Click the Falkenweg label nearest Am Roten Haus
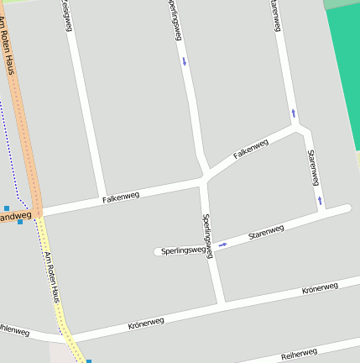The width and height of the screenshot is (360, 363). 120,197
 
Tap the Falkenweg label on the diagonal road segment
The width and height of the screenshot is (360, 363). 251,149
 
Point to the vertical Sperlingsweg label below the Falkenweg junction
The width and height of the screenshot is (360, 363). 209,235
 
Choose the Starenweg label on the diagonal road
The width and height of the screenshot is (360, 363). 267,230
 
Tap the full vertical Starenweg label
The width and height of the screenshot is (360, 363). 313,167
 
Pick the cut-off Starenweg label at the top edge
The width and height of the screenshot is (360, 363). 274,15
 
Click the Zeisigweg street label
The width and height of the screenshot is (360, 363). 65,14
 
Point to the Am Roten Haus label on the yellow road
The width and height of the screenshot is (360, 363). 52,277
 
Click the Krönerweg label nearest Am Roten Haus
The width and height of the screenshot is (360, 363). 147,321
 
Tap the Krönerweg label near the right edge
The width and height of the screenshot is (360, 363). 320,288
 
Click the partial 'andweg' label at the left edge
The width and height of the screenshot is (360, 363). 15,217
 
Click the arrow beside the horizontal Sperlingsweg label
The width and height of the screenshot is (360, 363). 222,245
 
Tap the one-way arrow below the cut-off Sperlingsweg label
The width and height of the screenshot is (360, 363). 184,60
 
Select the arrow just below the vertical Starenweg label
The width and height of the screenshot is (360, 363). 320,200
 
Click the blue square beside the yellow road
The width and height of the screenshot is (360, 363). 88,361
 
